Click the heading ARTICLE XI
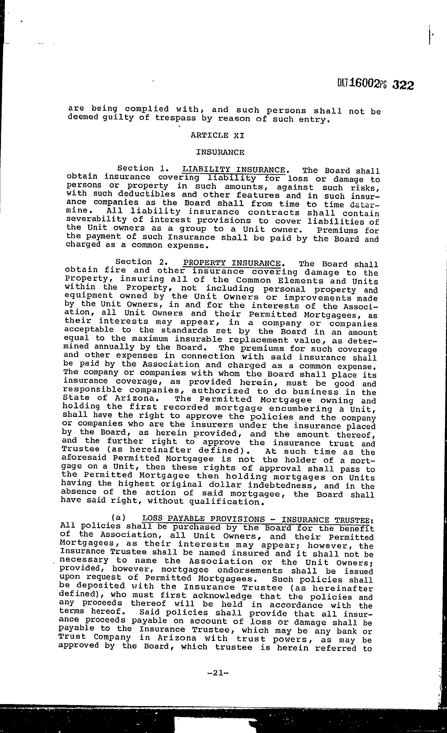coord(217,136)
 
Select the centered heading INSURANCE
coord(220,153)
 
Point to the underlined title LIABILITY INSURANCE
coord(234,170)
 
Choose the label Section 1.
coord(141,168)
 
